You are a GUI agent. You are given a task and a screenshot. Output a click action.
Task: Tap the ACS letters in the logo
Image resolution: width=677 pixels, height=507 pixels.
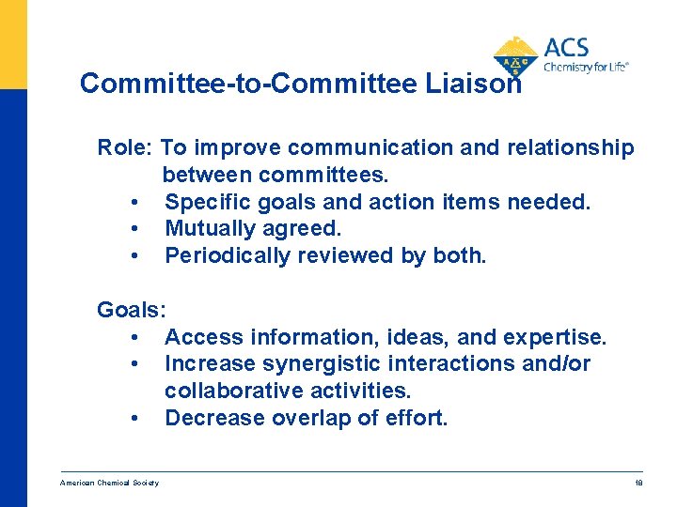click(x=566, y=48)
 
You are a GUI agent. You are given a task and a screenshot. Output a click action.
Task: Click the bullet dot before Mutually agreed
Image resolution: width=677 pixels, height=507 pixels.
click(x=136, y=229)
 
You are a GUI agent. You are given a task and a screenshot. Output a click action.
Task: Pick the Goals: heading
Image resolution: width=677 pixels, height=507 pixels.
click(x=132, y=310)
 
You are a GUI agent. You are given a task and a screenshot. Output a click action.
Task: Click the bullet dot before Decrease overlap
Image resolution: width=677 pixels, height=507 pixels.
click(x=136, y=419)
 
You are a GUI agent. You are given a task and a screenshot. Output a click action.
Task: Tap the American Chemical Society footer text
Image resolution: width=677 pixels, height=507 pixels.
click(x=109, y=483)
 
